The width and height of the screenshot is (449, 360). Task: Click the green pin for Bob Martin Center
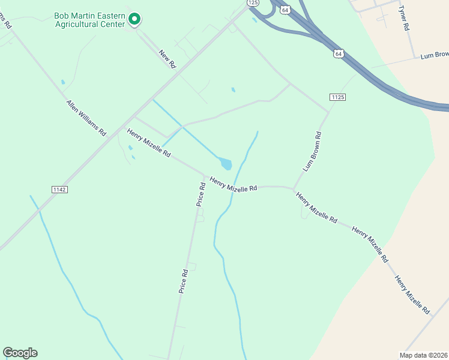pyautogui.click(x=135, y=19)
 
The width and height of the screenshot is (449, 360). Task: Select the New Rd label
pyautogui.click(x=167, y=58)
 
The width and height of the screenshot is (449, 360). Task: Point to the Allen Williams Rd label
pyautogui.click(x=86, y=117)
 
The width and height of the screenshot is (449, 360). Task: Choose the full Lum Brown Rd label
pyautogui.click(x=313, y=151)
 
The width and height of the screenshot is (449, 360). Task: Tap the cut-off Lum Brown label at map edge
pyautogui.click(x=433, y=55)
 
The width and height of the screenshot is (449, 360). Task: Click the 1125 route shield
pyautogui.click(x=337, y=97)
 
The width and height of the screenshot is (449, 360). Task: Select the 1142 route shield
pyautogui.click(x=59, y=189)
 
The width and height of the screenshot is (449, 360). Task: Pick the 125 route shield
pyautogui.click(x=253, y=3)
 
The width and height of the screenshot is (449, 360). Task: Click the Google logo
pyautogui.click(x=20, y=353)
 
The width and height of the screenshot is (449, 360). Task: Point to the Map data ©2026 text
pyautogui.click(x=424, y=355)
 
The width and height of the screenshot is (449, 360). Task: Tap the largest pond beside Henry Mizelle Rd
pyautogui.click(x=226, y=163)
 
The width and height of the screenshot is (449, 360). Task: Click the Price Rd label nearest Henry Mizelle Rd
pyautogui.click(x=201, y=194)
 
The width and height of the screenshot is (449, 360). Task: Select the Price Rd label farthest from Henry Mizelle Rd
pyautogui.click(x=184, y=280)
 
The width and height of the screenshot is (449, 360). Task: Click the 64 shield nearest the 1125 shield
pyautogui.click(x=339, y=53)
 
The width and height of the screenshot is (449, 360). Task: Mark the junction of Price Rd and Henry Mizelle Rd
pyautogui.click(x=203, y=176)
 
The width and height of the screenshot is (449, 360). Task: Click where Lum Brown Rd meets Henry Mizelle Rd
pyautogui.click(x=294, y=189)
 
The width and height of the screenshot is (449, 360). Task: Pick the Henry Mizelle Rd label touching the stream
pyautogui.click(x=233, y=184)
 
